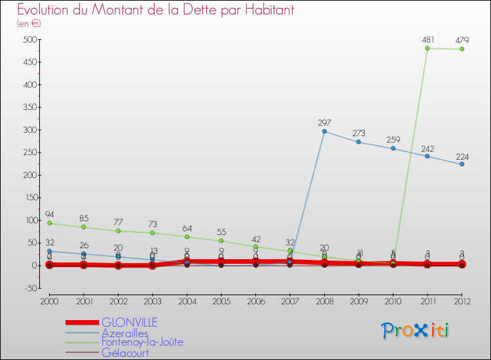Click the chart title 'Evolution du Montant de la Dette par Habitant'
[155, 10]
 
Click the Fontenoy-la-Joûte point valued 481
[427, 48]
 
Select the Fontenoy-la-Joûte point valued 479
[462, 49]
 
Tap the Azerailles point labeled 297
[324, 132]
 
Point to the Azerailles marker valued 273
[358, 142]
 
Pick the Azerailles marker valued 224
[462, 164]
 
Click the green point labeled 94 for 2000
[49, 223]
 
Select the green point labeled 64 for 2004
[187, 237]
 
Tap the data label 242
[427, 148]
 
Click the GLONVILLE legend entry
[130, 322]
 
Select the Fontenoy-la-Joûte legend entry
[142, 342]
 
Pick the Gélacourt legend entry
[125, 353]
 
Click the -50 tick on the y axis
[28, 288]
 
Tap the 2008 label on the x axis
[324, 300]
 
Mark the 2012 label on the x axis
[462, 300]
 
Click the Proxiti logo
[416, 331]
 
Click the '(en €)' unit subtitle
[29, 24]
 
